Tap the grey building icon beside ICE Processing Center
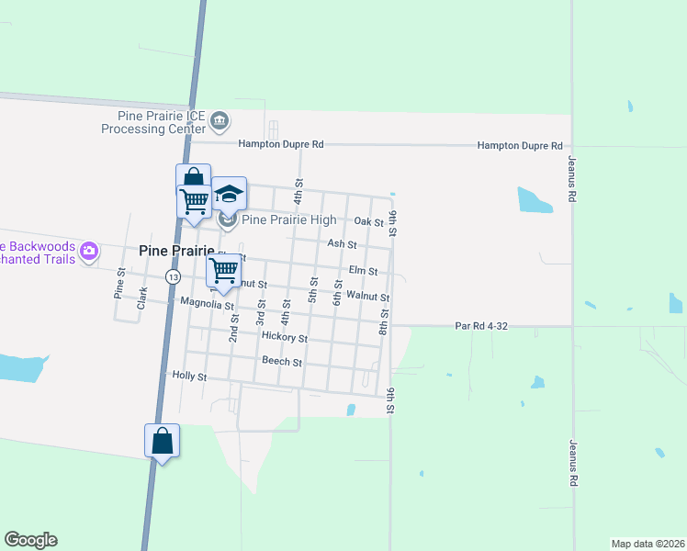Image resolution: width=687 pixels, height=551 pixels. tap(220, 120)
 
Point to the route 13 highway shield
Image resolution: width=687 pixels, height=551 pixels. tap(173, 275)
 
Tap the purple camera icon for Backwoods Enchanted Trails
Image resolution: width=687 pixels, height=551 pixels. tap(89, 251)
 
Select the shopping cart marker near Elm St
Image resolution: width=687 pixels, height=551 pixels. tap(223, 271)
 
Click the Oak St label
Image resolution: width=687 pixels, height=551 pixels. tap(368, 222)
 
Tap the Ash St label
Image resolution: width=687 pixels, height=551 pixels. tap(342, 244)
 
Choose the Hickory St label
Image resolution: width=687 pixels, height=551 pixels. tap(284, 337)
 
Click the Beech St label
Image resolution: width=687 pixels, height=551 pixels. tap(282, 362)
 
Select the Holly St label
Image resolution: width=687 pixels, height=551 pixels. tap(190, 377)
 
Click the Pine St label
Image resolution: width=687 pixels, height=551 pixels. tap(118, 285)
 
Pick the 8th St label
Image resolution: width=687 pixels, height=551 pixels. tap(384, 322)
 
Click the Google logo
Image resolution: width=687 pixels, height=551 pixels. tap(30, 540)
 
